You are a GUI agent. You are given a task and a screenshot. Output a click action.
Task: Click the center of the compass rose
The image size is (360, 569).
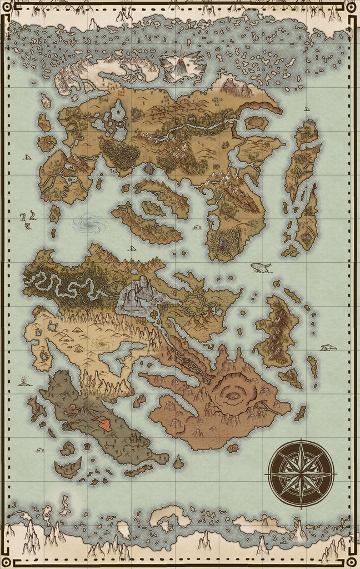pyautogui.click(x=301, y=473)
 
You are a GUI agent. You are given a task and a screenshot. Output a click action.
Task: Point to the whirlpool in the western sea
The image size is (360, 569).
pyautogui.click(x=90, y=224)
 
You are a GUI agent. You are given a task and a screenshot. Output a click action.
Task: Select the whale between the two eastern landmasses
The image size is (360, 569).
pyautogui.click(x=261, y=268)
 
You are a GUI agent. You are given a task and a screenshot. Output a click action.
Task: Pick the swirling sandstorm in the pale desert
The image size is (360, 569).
pyautogui.click(x=102, y=343)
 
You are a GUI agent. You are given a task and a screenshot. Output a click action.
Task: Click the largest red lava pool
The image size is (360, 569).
pyautogui.click(x=104, y=425)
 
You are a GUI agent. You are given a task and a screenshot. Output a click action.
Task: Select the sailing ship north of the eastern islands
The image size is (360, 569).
pyautogui.click(x=307, y=108)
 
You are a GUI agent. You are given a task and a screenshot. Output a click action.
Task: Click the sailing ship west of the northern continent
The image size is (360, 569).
pyautogui.click(x=27, y=157)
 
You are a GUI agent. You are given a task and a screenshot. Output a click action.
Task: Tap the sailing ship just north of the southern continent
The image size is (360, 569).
pyautogui.click(x=132, y=248)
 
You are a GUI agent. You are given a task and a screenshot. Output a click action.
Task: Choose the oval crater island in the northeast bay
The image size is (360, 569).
pyautogui.click(x=256, y=122)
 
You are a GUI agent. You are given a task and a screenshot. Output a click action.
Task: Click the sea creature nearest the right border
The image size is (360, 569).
pyautogui.click(x=328, y=348)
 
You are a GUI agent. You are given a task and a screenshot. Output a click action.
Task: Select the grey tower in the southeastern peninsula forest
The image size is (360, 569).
pyautogui.click(x=223, y=243)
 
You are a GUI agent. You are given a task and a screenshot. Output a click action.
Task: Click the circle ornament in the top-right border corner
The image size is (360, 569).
pyautogui.click(x=351, y=7)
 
